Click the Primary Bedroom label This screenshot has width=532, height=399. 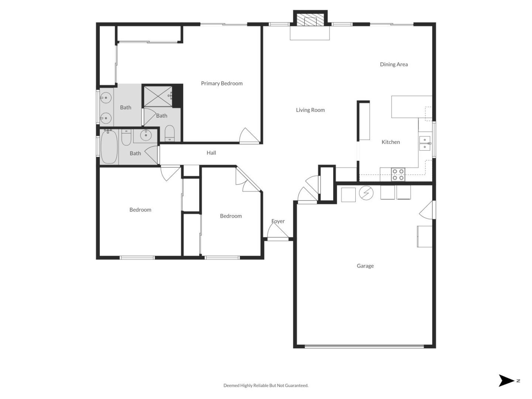click(x=222, y=83)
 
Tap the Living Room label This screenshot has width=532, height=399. click(x=310, y=110)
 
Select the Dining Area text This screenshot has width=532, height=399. click(x=394, y=64)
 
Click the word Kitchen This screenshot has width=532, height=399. click(x=391, y=142)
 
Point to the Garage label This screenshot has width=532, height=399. click(x=365, y=266)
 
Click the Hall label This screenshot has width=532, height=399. click(x=211, y=153)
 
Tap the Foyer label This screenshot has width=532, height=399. click(x=278, y=221)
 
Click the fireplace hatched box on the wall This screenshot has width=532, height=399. click(x=310, y=21)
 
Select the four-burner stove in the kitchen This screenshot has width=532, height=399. click(x=398, y=174)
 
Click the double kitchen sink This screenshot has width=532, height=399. click(x=424, y=143)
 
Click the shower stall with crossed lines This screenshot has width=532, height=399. click(x=158, y=96)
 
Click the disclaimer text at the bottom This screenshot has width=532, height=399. click(x=266, y=385)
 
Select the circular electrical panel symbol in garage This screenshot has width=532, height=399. click(x=366, y=193)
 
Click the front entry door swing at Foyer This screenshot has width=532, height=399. click(x=277, y=232)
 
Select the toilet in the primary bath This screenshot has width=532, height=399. click(x=170, y=133)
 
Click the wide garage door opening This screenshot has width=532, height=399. click(x=364, y=347)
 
